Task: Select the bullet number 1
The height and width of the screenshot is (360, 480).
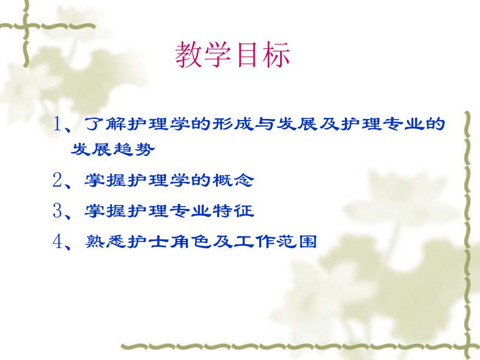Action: pos(58,125)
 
